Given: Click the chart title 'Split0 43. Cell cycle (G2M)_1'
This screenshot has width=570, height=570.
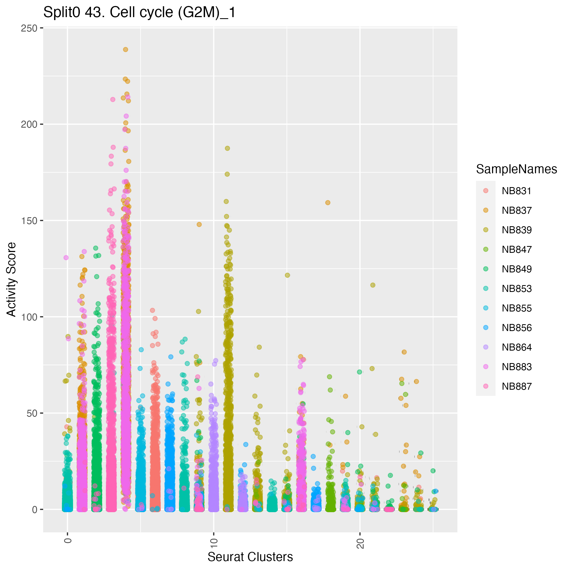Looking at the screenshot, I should point(139,12).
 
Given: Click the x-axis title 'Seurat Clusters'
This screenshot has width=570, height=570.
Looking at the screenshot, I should point(250,557).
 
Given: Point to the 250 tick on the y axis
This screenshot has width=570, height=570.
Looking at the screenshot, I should point(29,28).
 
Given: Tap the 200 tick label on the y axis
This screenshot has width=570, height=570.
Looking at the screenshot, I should point(29,124).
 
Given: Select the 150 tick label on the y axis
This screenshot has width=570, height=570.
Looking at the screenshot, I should point(29,221).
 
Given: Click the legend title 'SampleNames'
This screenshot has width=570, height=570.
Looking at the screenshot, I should point(516,169).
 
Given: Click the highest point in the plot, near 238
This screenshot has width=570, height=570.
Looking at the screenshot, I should point(125,50).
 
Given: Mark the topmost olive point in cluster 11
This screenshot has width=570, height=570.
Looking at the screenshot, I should point(227,148).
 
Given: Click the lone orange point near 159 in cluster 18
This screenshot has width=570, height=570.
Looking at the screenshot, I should point(327,203).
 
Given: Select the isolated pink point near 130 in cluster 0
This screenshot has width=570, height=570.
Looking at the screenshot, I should point(66,257).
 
